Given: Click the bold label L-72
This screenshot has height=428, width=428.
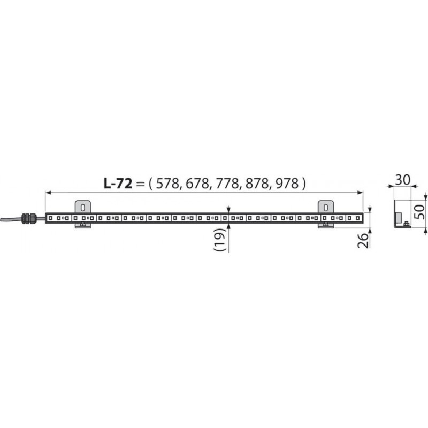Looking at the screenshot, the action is point(118,184).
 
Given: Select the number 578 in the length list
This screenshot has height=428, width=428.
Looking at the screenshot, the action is point(167,184).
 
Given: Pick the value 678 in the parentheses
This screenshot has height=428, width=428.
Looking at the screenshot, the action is point(196,184).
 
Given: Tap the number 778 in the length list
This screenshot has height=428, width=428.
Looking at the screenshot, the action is point(226,184).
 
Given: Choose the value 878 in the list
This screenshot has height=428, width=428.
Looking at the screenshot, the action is point(256,184).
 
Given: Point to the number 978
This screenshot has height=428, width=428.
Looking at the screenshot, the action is point(286,184).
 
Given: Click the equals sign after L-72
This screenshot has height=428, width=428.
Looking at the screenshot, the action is point(140,184).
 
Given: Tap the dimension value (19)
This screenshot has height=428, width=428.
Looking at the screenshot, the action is point(220,240).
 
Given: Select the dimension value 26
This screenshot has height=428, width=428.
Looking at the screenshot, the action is point(363,240).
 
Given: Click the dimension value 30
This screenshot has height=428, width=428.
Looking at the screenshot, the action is point(403,180).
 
